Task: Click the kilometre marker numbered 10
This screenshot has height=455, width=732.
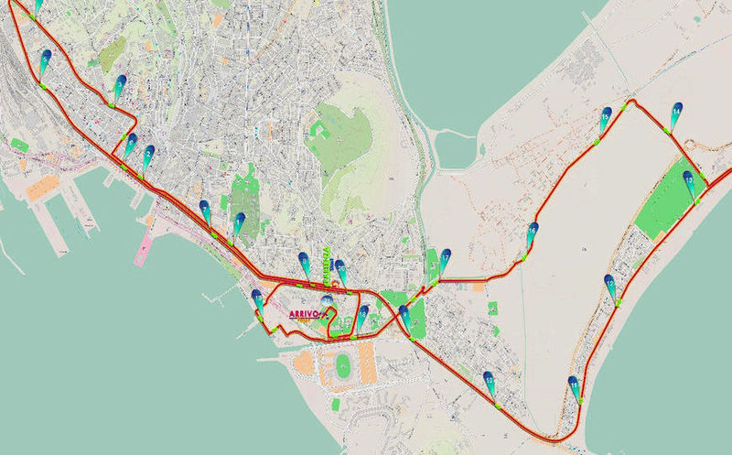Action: pos(490,381)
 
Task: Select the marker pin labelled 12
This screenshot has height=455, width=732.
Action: pos(609,285)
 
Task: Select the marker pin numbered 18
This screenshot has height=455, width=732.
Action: pos(363,318)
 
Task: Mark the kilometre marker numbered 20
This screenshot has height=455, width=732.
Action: pos(341,270)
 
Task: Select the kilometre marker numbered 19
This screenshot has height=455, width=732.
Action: pos(258,300)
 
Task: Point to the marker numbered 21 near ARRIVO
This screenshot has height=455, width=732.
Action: pos(328,300)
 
